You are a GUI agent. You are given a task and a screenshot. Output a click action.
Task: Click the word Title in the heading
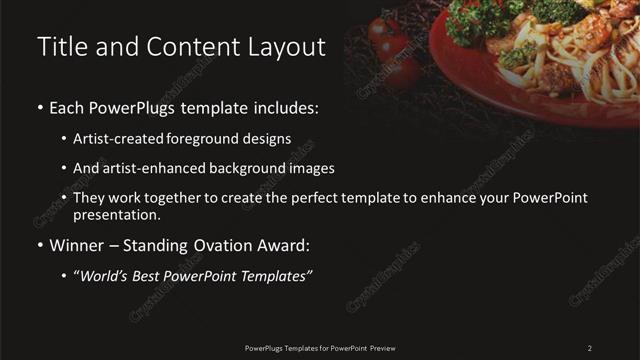60,46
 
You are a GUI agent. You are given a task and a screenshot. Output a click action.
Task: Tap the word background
249,168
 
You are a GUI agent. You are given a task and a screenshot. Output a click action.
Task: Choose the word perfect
307,198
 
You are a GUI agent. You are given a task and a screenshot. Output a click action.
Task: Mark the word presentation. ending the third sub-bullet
117,214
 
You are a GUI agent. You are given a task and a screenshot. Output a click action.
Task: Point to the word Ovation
224,245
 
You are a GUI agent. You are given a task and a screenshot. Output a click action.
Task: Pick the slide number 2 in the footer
589,347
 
